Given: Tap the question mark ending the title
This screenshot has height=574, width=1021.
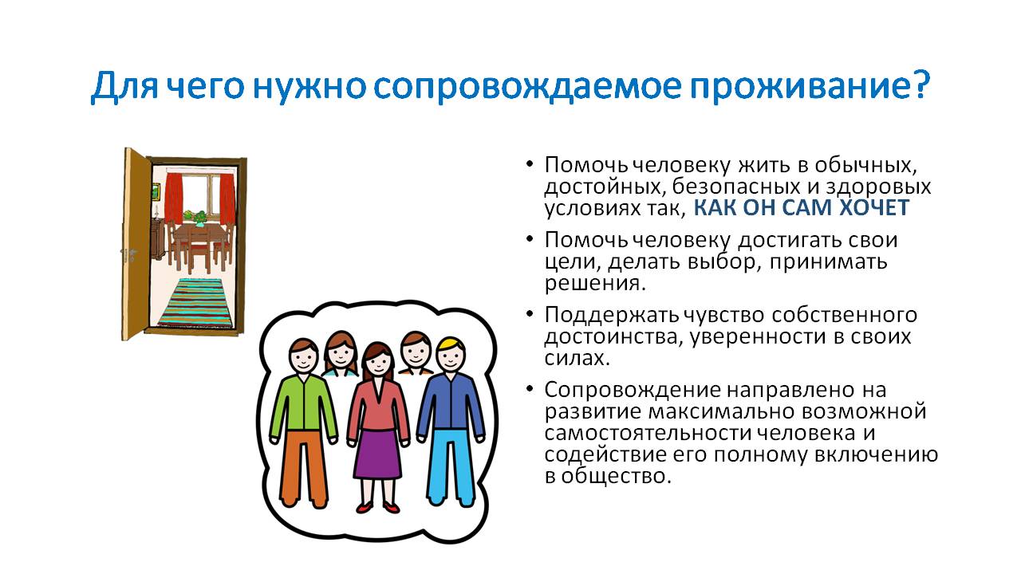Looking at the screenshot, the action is (918, 85).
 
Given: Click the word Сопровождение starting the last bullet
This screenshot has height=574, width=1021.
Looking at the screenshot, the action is (633, 391).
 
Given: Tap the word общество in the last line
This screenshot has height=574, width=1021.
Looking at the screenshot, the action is (616, 477).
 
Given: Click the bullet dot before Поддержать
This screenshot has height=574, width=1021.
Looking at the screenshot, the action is (529, 314).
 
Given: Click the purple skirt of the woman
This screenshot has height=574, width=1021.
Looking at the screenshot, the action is (378, 454).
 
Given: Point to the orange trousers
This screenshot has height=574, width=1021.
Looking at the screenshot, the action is (304, 467).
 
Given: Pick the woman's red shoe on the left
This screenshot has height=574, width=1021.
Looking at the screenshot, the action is (365, 506).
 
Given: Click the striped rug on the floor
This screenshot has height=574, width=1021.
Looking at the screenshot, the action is (196, 302).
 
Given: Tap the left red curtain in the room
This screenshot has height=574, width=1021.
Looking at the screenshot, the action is (173, 199).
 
